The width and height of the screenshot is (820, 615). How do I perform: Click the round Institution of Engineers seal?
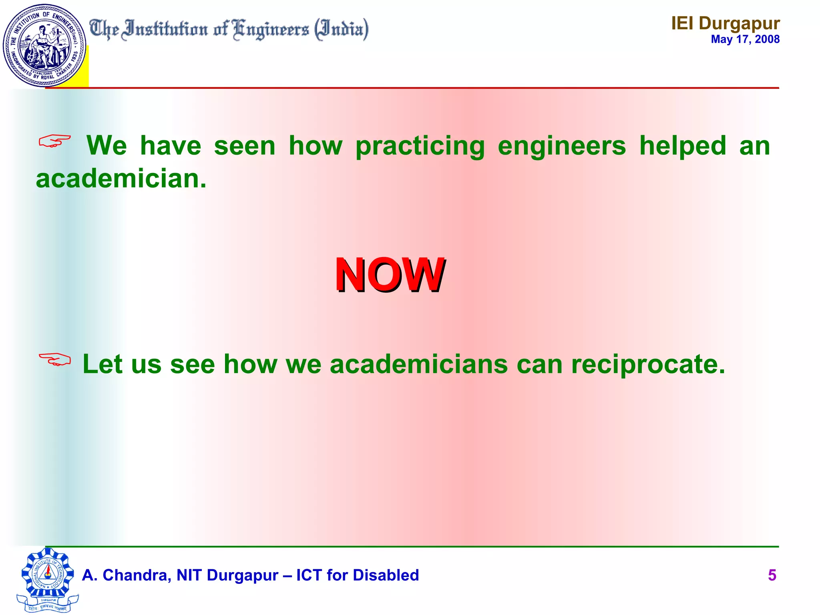[x=44, y=45]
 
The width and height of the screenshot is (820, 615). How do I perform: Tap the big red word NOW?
[x=390, y=275]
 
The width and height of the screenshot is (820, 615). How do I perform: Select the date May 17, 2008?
[x=745, y=39]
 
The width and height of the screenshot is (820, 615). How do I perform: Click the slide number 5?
[x=772, y=575]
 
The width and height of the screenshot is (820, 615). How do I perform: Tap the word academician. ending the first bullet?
[x=121, y=179]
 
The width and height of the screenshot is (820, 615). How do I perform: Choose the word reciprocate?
[x=648, y=364]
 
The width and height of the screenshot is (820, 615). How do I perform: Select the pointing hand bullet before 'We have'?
[x=54, y=141]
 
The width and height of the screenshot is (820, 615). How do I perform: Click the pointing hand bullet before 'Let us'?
[x=54, y=359]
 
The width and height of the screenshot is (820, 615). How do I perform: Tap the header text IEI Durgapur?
[x=726, y=23]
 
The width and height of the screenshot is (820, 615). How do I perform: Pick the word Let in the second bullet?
[x=102, y=364]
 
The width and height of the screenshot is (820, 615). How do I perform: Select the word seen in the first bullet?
[x=245, y=146]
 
